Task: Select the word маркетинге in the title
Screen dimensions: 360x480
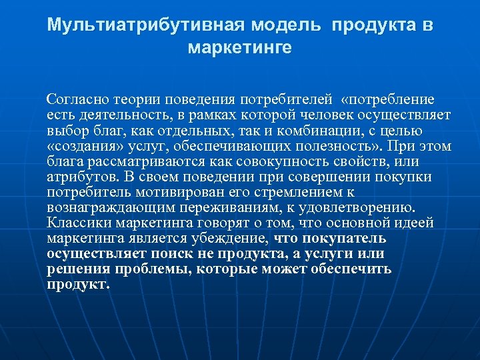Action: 240,49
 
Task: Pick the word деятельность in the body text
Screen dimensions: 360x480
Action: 115,115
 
